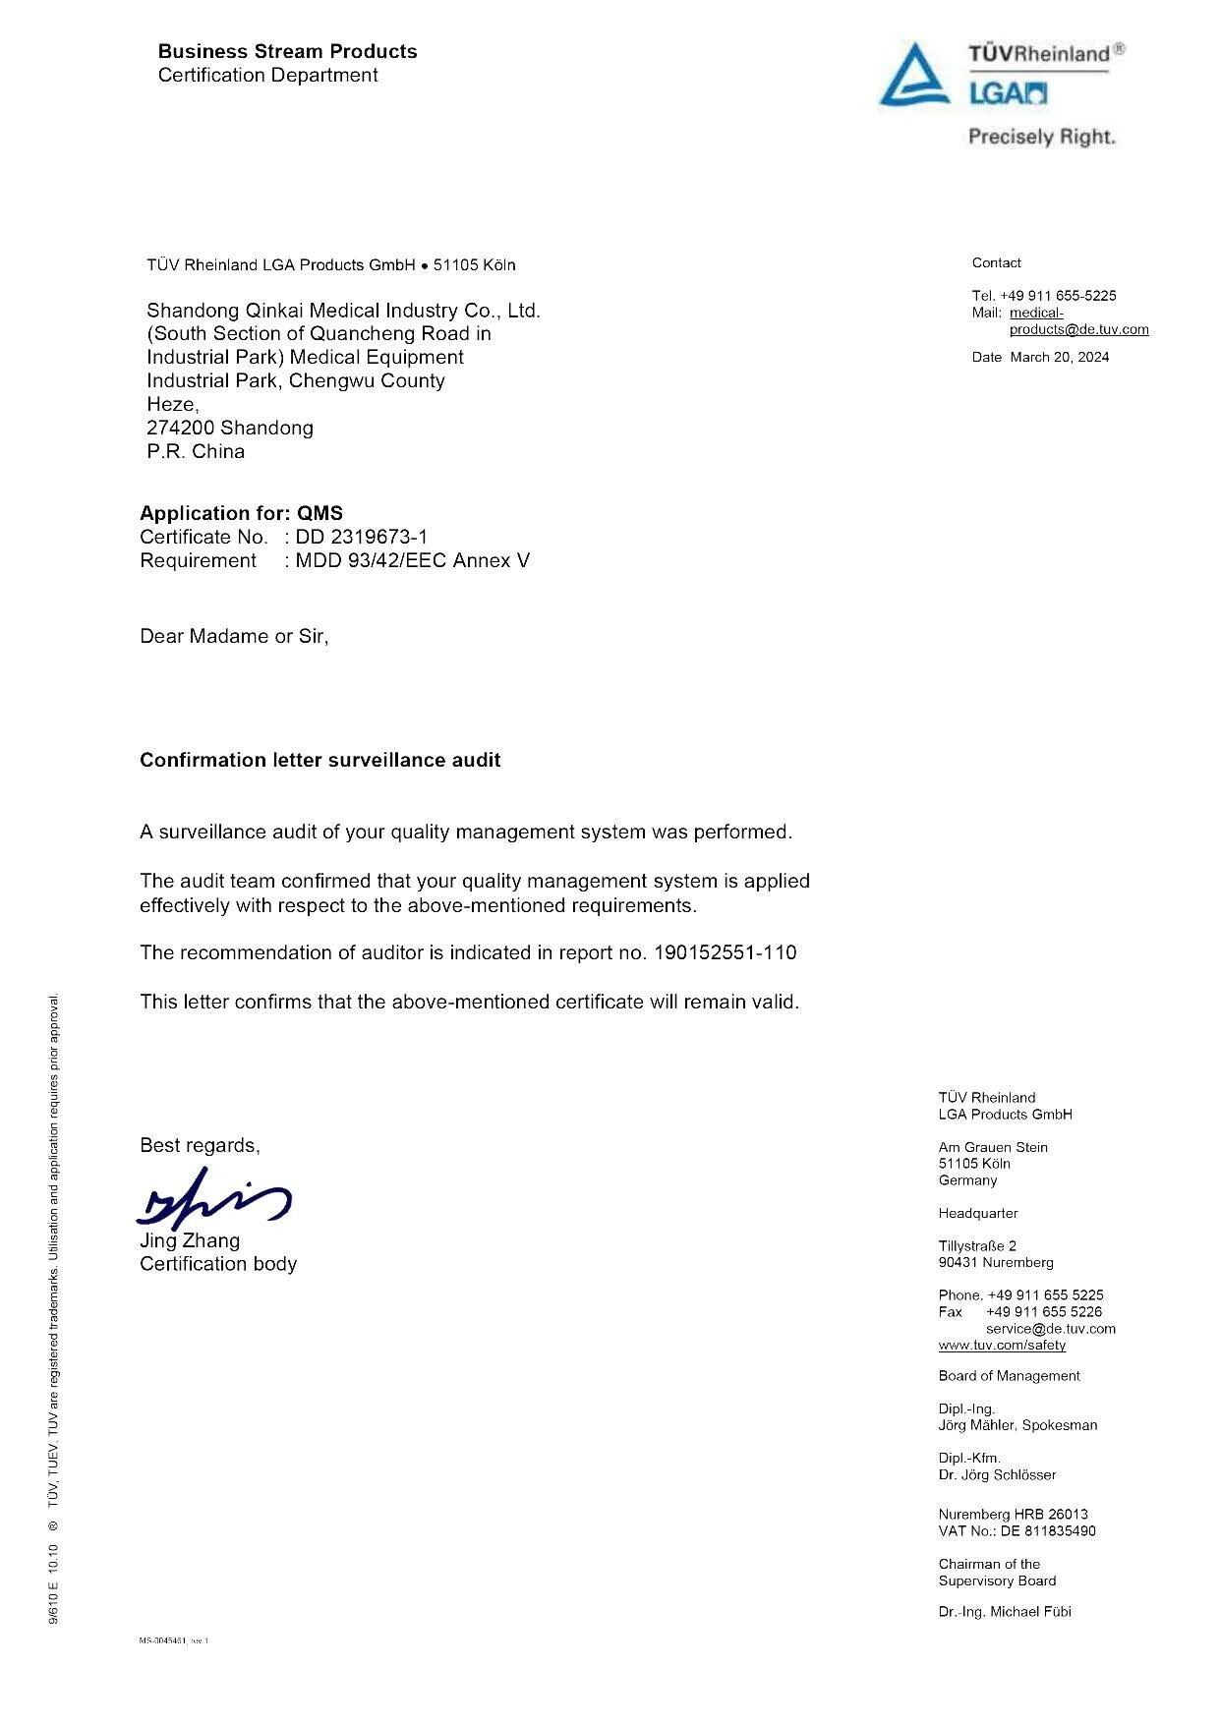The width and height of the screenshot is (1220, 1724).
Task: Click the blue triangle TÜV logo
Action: point(913,76)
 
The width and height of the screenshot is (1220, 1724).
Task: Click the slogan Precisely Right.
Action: point(1042,138)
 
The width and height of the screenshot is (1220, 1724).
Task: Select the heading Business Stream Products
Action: point(287,51)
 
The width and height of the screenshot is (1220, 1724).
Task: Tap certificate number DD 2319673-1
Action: point(362,537)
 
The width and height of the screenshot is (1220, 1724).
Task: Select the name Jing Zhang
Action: point(190,1240)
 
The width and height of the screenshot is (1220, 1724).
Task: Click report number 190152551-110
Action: point(725,952)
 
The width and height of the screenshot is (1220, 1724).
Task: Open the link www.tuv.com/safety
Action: point(1002,1345)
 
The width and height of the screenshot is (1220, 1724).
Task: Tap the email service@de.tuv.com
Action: point(1051,1329)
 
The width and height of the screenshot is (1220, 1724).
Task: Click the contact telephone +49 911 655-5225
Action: point(1058,296)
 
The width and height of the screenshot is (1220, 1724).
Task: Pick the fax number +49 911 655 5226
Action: point(1044,1312)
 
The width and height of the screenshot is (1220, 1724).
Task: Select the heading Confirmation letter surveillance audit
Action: point(320,760)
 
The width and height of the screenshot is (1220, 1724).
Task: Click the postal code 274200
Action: point(180,428)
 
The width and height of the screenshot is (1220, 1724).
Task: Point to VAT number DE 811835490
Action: point(1048,1531)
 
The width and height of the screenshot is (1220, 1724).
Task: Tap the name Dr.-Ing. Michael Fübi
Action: point(1005,1612)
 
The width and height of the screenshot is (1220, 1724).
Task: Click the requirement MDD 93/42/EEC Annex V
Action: point(412,560)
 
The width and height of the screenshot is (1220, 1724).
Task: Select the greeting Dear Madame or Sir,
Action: point(234,636)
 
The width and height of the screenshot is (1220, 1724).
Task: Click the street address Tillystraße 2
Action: point(977,1245)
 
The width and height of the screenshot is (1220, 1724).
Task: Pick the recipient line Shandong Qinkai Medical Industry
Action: point(343,311)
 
